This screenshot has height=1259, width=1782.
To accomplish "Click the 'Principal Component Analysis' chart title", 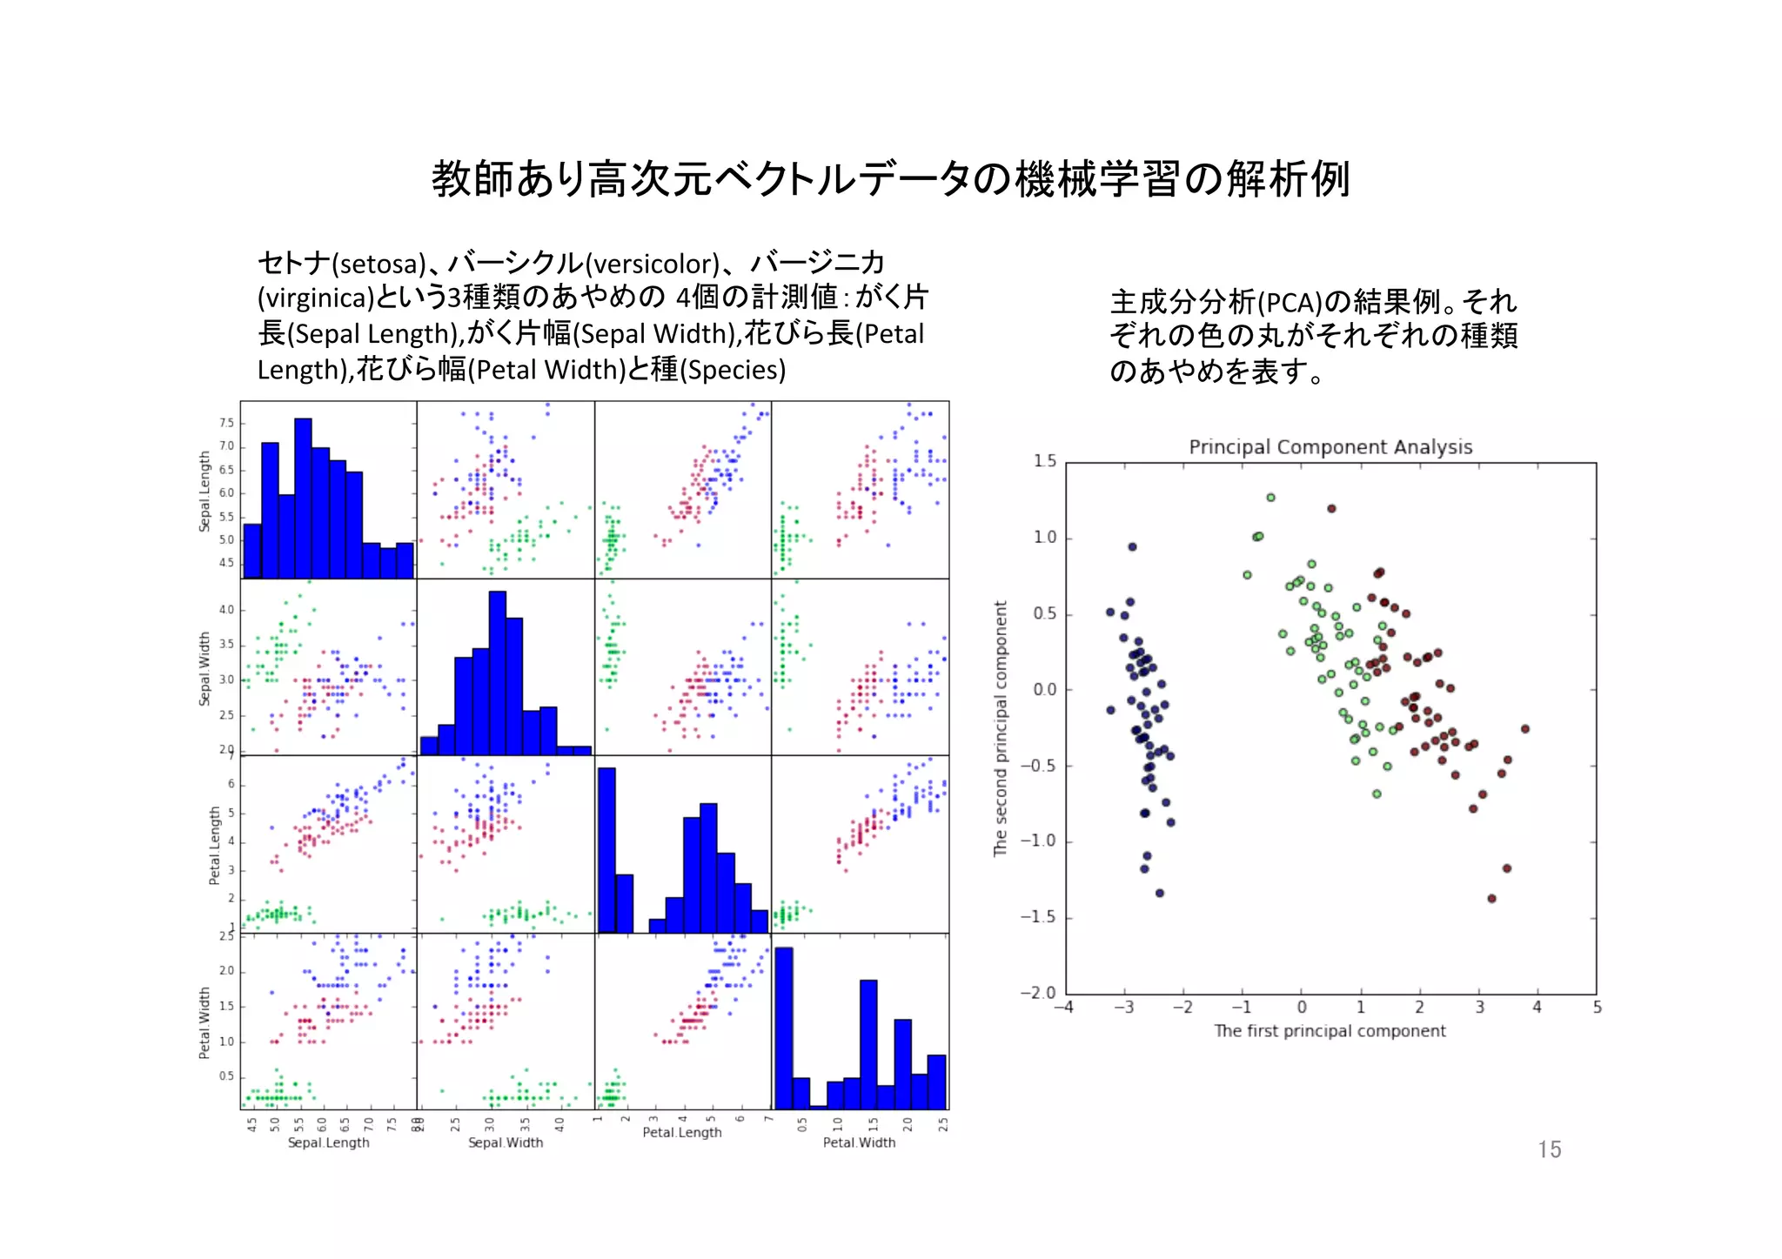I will tap(1330, 447).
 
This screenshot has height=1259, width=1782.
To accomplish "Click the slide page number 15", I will tap(1548, 1149).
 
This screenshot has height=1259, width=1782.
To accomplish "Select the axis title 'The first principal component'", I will tap(1330, 1031).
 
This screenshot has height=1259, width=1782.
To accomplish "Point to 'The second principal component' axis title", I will tap(1001, 728).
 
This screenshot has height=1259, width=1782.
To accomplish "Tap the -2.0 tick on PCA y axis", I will tap(1037, 993).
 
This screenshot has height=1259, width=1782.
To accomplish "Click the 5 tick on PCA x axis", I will tap(1597, 1008).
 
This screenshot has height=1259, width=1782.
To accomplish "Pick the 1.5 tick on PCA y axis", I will tap(1044, 460).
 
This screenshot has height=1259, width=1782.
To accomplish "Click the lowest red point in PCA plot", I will tap(1491, 898).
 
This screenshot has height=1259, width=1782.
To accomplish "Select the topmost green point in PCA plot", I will tap(1270, 498).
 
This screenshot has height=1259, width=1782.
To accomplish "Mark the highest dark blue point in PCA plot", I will tap(1132, 546).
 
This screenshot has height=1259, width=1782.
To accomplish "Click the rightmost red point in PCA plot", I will tap(1524, 729).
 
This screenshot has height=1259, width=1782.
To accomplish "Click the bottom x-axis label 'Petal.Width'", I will tap(859, 1142).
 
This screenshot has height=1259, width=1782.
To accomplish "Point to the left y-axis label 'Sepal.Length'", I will tap(205, 492).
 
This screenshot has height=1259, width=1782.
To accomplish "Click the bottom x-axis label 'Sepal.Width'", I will tap(506, 1142).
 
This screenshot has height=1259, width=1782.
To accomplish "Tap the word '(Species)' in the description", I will tap(733, 370).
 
